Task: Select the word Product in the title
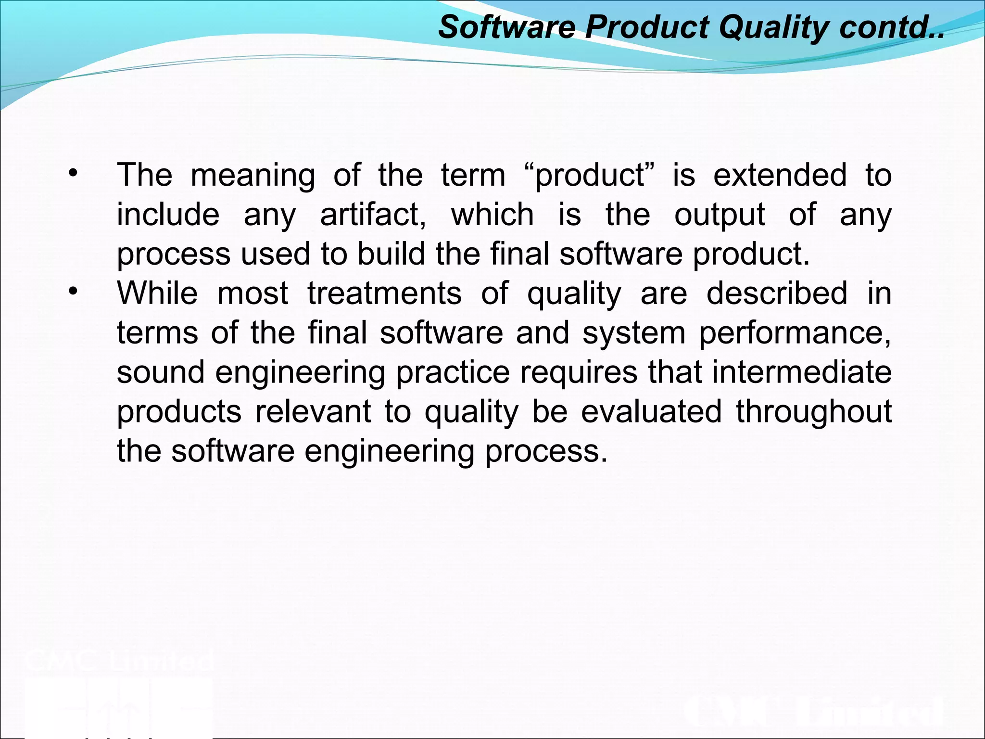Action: pos(647,27)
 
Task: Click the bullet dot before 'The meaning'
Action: pos(73,174)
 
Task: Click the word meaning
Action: pos(253,176)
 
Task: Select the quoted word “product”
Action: pos(590,176)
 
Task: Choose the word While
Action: pos(157,293)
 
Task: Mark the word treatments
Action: pos(384,293)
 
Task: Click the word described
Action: pos(777,293)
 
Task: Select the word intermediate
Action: pos(801,372)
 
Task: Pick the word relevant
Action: pos(313,411)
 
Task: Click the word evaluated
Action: pos(651,411)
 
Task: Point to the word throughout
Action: pos(814,412)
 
